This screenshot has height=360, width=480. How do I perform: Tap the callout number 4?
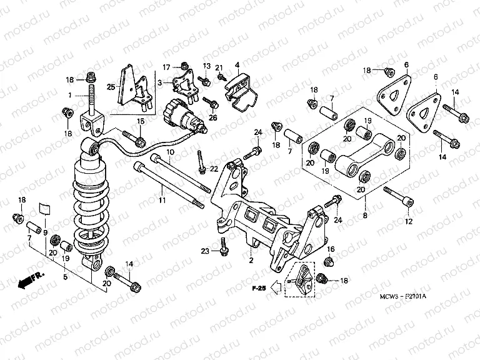click(237, 65)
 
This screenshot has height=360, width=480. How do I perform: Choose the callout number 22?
click(213, 169)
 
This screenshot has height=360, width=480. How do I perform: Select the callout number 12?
click(409, 221)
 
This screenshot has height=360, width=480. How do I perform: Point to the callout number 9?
click(46, 232)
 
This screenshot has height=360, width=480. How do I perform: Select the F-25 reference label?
click(259, 288)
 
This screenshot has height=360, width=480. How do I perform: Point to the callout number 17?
click(167, 67)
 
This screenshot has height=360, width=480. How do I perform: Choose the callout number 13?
click(206, 66)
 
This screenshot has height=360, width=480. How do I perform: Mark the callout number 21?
click(219, 67)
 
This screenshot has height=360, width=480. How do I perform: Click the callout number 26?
click(213, 116)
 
